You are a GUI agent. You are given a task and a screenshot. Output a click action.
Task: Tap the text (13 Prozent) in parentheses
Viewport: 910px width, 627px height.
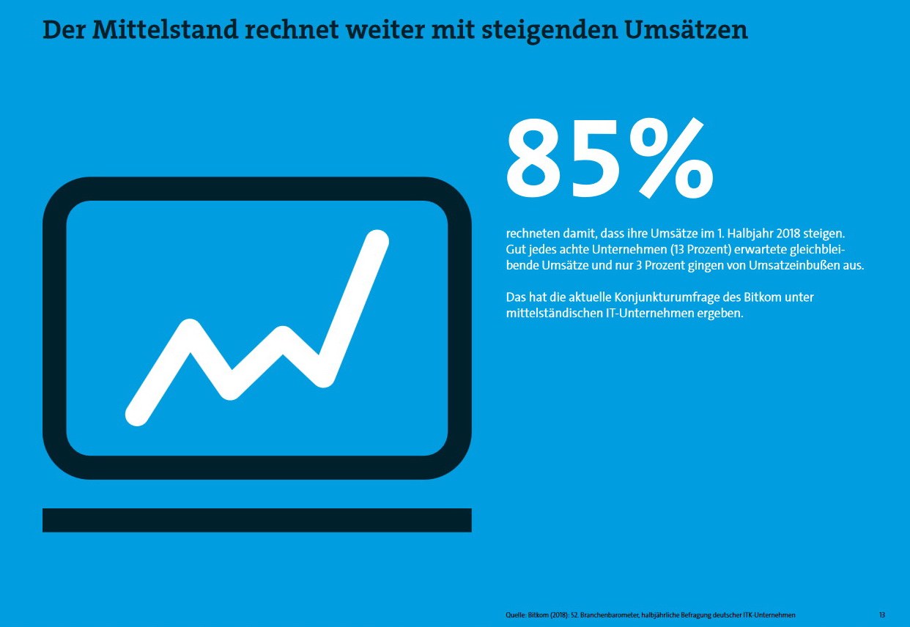(695, 249)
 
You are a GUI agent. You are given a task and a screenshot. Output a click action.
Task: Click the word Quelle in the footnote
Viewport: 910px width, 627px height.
(515, 615)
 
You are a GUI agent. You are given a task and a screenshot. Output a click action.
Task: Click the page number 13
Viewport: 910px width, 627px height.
(882, 615)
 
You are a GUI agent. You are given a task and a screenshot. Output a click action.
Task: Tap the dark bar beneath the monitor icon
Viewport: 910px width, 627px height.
(256, 520)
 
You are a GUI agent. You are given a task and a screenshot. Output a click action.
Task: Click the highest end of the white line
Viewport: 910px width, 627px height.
(377, 241)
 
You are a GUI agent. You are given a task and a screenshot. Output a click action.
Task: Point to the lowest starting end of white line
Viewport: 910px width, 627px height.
(136, 415)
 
